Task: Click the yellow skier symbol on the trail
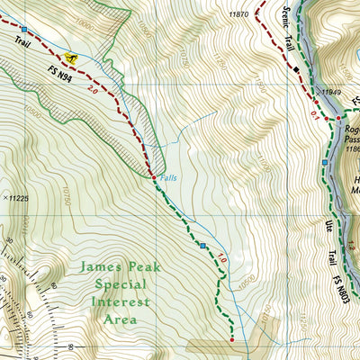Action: pos(73,59)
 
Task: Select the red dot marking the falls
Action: pos(157,178)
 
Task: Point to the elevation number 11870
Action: pos(238,14)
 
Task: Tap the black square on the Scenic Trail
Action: pos(294,66)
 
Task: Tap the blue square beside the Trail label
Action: pos(23,29)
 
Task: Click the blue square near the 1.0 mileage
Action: pos(202,245)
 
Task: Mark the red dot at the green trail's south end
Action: pos(232,339)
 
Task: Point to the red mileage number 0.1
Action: pos(314,113)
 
